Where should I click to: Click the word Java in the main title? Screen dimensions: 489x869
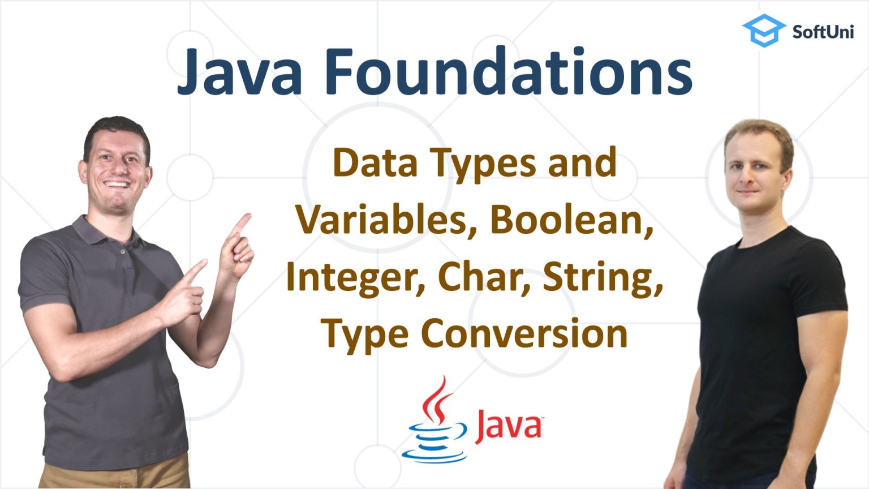tap(240, 72)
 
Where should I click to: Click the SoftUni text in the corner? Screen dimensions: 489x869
tap(823, 31)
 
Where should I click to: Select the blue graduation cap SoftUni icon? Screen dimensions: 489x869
tap(763, 30)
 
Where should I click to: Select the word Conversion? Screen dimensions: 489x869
tap(524, 333)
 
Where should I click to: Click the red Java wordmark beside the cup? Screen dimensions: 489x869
tap(507, 426)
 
